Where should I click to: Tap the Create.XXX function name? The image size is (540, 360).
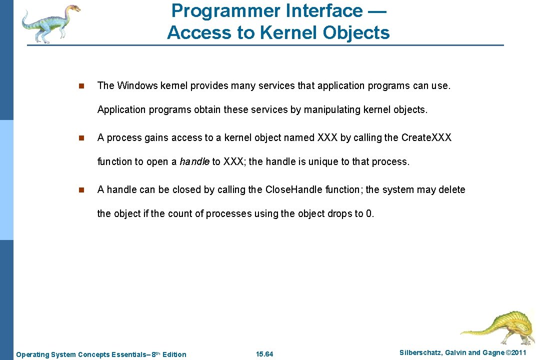pos(426,137)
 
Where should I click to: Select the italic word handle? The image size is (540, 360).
pos(194,161)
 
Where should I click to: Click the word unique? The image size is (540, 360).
pos(321,161)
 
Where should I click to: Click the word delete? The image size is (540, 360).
pos(452,189)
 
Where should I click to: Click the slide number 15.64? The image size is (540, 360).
pos(264,354)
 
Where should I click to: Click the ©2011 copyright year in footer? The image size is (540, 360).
pos(516,353)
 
